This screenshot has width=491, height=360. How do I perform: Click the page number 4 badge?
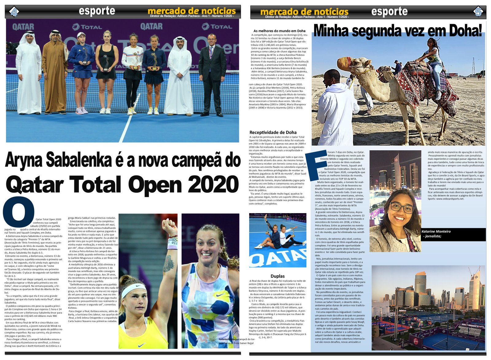point(14,12)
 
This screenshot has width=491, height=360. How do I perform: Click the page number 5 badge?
point(478,12)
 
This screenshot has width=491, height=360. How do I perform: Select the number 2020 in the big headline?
point(213,185)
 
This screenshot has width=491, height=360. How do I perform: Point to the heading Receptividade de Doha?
point(273,132)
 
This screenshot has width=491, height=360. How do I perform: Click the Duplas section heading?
point(277,276)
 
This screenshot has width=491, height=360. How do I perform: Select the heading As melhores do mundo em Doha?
point(279,31)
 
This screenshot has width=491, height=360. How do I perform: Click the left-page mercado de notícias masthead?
point(191,11)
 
